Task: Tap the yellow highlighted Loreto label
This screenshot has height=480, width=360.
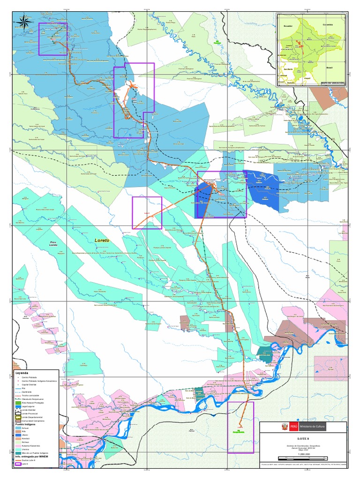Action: (102, 240)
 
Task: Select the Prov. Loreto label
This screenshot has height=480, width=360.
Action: (53, 244)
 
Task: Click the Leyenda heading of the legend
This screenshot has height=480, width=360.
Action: (22, 374)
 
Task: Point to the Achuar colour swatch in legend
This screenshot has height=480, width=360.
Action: (19, 427)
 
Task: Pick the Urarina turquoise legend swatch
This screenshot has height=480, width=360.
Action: (19, 449)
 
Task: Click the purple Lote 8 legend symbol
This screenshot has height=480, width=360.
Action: (19, 464)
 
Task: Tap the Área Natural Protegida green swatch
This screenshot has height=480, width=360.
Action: (19, 402)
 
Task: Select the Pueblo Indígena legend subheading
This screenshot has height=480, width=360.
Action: (26, 424)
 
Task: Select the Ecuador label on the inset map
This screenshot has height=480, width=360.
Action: (287, 26)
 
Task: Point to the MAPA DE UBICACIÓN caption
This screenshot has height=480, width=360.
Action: (333, 82)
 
